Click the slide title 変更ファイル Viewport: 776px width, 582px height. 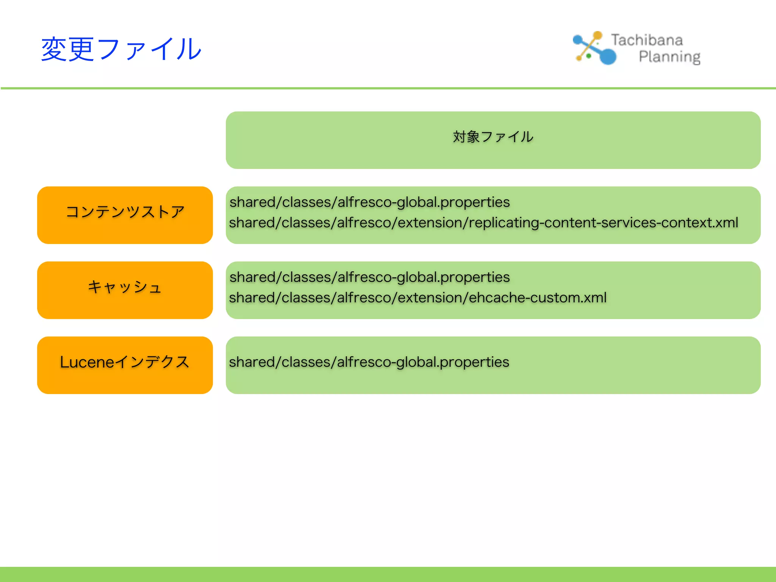[121, 49]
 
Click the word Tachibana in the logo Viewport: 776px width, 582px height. [647, 40]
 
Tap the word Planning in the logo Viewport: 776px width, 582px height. [669, 57]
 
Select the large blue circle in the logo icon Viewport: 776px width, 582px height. [608, 56]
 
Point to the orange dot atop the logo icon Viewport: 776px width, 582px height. [598, 35]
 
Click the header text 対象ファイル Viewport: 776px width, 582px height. [493, 137]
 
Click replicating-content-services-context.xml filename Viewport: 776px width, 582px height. [603, 223]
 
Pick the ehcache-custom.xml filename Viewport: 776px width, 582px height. [538, 298]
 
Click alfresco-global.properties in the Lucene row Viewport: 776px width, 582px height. [423, 362]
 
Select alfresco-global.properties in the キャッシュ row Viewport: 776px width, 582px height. [424, 277]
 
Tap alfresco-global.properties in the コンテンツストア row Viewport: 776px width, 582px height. [424, 202]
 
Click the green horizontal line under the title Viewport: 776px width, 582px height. [388, 88]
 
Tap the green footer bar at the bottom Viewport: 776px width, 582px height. [388, 574]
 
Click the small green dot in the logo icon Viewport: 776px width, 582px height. [589, 56]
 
